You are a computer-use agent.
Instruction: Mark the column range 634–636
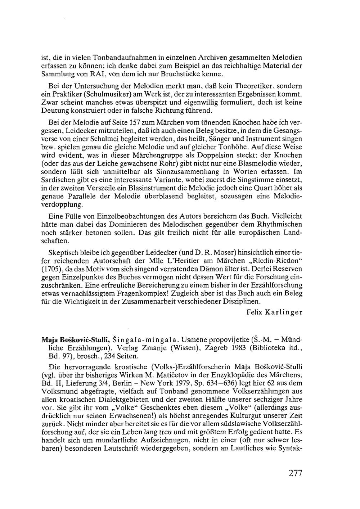(211, 383)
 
